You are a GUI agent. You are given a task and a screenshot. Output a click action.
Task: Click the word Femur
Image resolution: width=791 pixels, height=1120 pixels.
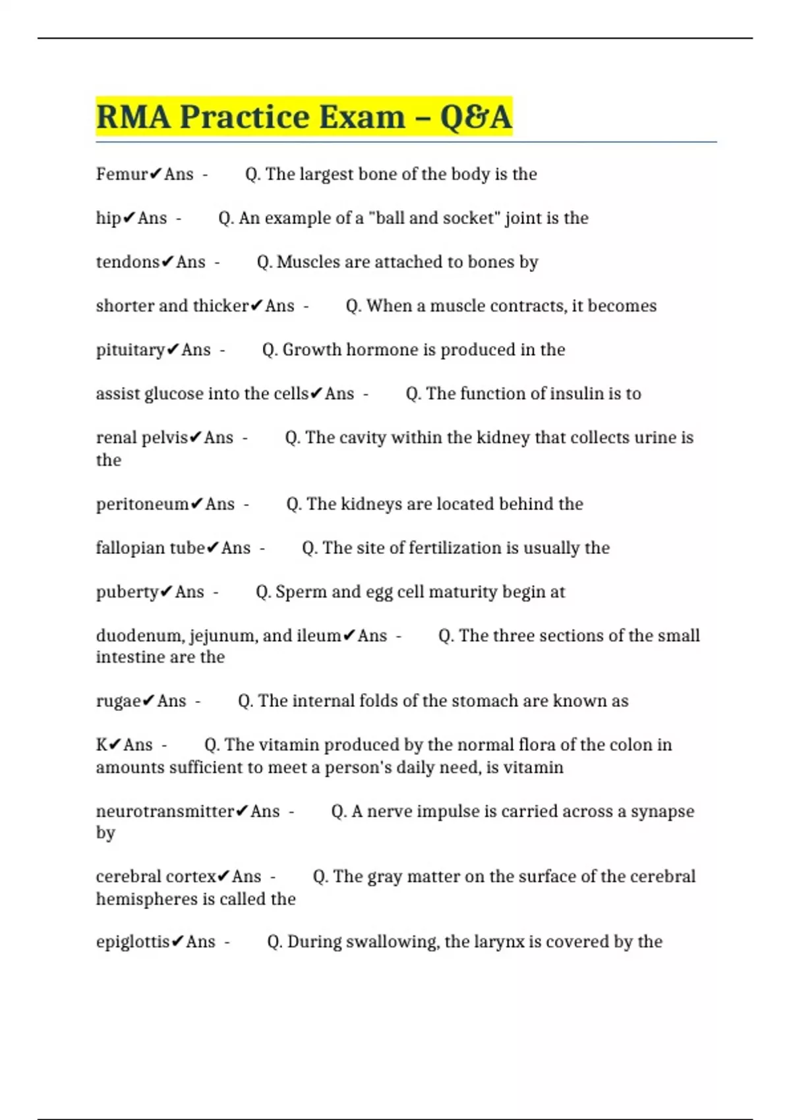pos(122,174)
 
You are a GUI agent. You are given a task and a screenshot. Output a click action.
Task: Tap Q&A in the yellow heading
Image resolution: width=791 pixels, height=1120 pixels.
pos(475,117)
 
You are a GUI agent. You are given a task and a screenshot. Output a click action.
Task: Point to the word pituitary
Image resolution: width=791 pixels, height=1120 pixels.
pos(130,350)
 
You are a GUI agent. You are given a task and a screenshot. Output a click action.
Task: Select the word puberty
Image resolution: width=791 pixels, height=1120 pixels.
pos(127,592)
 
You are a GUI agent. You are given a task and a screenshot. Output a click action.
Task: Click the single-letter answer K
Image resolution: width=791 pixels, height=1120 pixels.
pos(102,744)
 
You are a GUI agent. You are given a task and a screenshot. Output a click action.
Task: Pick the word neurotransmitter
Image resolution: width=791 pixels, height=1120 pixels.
pos(165,811)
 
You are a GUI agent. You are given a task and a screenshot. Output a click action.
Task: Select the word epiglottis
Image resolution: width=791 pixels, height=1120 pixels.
pos(132,942)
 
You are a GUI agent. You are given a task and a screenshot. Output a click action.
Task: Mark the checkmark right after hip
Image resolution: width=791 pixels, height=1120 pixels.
pos(129,218)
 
